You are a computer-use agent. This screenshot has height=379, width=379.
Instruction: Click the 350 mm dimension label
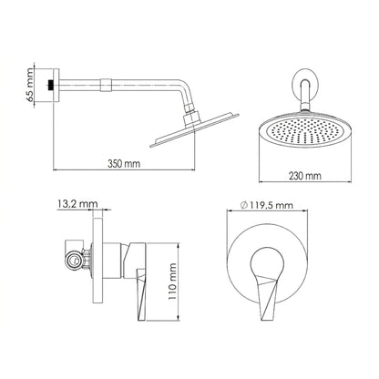pyautogui.click(x=124, y=164)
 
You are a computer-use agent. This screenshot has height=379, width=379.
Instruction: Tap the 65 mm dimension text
pyautogui.click(x=30, y=85)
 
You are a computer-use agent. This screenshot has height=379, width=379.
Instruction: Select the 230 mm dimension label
pyautogui.click(x=304, y=176)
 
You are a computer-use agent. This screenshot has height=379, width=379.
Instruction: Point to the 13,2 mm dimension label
pyautogui.click(x=77, y=203)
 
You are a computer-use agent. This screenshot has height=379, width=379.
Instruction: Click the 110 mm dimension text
pyautogui.click(x=172, y=282)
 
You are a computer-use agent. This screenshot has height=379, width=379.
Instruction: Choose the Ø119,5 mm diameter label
pyautogui.click(x=267, y=205)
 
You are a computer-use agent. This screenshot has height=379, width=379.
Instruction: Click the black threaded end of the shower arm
pyautogui.click(x=51, y=85)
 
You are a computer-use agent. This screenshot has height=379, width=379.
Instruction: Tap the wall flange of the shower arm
pyautogui.click(x=56, y=85)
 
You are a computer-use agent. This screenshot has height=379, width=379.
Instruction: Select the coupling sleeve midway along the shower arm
pyautogui.click(x=105, y=85)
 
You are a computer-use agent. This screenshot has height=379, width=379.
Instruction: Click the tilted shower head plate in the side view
pyautogui.click(x=195, y=130)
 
